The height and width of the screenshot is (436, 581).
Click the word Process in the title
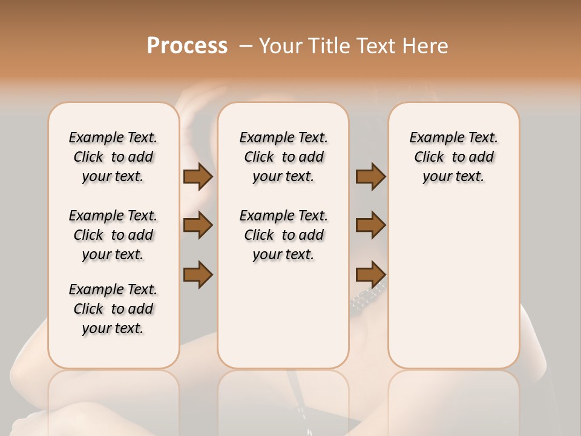(x=187, y=46)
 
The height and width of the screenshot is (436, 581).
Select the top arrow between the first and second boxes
(x=198, y=177)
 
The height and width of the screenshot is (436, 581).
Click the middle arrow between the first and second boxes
(x=198, y=225)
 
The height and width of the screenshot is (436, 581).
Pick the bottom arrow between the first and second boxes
(x=198, y=274)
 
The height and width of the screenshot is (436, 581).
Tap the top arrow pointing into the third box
(x=370, y=177)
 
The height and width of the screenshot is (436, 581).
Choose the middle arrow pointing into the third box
(x=370, y=225)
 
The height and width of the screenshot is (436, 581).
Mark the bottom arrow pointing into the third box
(x=370, y=274)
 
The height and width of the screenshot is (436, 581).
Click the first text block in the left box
(x=113, y=157)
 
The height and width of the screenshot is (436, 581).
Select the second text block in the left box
(x=113, y=235)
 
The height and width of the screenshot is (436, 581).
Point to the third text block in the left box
(x=113, y=309)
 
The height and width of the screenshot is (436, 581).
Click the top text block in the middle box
(x=284, y=157)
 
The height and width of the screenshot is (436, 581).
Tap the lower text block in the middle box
(x=284, y=235)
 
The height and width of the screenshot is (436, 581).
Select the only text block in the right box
(x=453, y=157)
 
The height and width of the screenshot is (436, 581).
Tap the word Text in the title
(x=376, y=46)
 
